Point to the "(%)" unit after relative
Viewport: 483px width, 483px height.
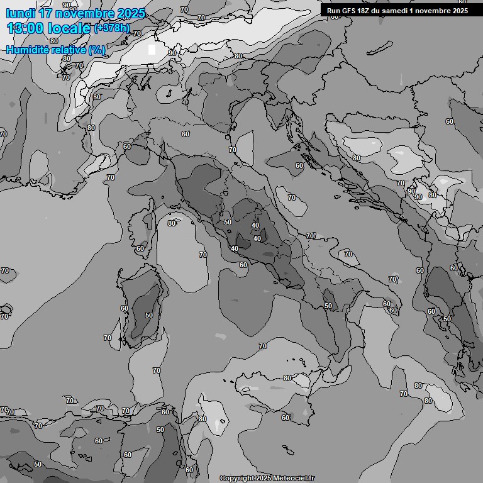coord(97,50)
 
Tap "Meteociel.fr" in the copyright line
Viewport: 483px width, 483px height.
coord(297,478)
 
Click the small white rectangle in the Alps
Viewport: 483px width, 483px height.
coord(152,50)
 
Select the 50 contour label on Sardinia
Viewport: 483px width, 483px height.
coord(149,315)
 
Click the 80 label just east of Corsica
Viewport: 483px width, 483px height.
coord(172,223)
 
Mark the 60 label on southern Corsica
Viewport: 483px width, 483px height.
coord(140,248)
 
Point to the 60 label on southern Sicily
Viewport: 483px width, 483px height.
coord(286,418)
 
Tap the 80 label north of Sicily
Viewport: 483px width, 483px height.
coord(287,378)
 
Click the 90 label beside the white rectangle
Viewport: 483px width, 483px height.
coord(172,53)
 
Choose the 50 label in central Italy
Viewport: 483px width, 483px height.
coord(228,222)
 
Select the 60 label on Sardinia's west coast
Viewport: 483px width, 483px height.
coord(125,308)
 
